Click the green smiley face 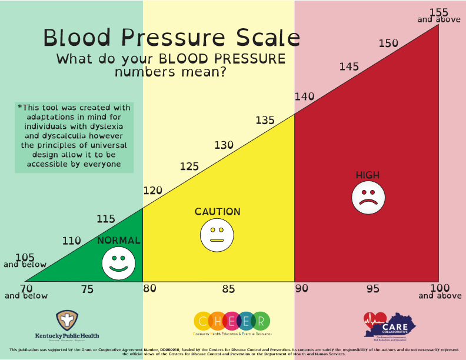pyautogui.click(x=118, y=263)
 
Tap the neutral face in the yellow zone pyautogui.click(x=217, y=234)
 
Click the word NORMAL pyautogui.click(x=119, y=240)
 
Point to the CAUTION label pyautogui.click(x=218, y=212)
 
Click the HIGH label pyautogui.click(x=368, y=175)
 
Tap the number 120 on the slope pyautogui.click(x=153, y=191)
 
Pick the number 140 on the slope pyautogui.click(x=305, y=96)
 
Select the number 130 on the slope pyautogui.click(x=224, y=145)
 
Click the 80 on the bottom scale pyautogui.click(x=150, y=288)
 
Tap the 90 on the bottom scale pyautogui.click(x=301, y=288)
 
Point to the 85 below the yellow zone pyautogui.click(x=228, y=289)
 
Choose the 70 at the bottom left pyautogui.click(x=26, y=288)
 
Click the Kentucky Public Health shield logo pyautogui.click(x=68, y=321)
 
